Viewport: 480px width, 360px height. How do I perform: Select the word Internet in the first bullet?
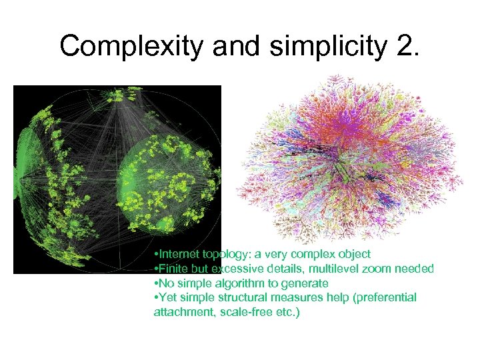pyautogui.click(x=179, y=254)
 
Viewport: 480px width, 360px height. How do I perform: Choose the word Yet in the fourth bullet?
pyautogui.click(x=167, y=297)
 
